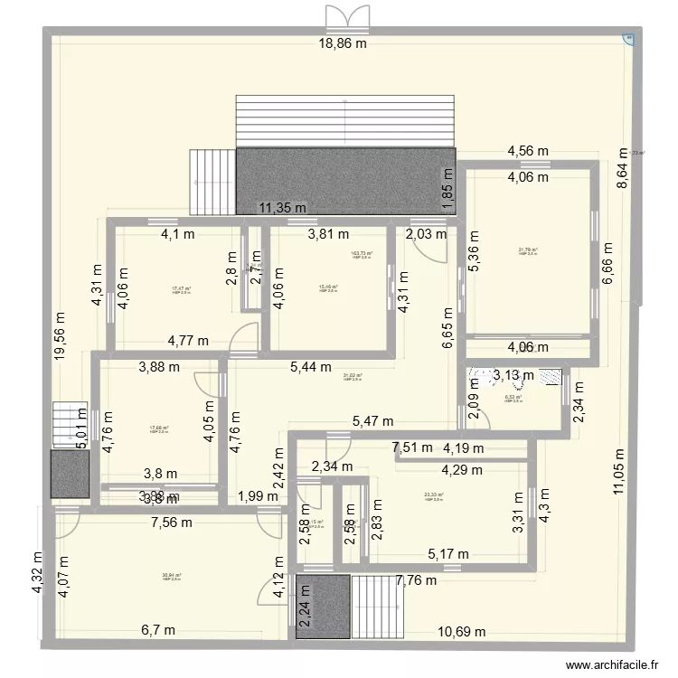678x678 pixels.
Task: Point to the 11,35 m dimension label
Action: point(288,208)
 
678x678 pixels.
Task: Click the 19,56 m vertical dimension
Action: point(61,336)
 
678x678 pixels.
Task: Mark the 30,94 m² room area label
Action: point(172,576)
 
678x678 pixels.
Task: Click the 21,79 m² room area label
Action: point(528,252)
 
